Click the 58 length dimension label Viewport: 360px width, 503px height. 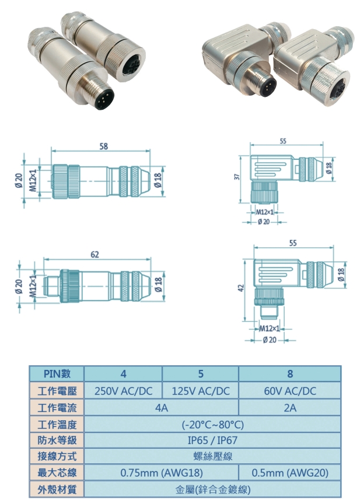point(103,147)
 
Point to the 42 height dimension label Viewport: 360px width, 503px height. point(240,288)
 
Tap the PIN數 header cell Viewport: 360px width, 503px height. point(57,374)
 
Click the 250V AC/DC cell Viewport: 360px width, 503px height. point(124,391)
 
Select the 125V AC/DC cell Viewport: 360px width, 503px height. point(201,391)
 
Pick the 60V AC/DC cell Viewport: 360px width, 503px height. point(290,391)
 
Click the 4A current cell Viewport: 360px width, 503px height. point(162,407)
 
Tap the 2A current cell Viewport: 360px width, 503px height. point(290,407)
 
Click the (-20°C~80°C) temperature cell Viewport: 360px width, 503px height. point(213,424)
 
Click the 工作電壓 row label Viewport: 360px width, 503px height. point(57,391)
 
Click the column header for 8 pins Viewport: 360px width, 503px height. point(290,374)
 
